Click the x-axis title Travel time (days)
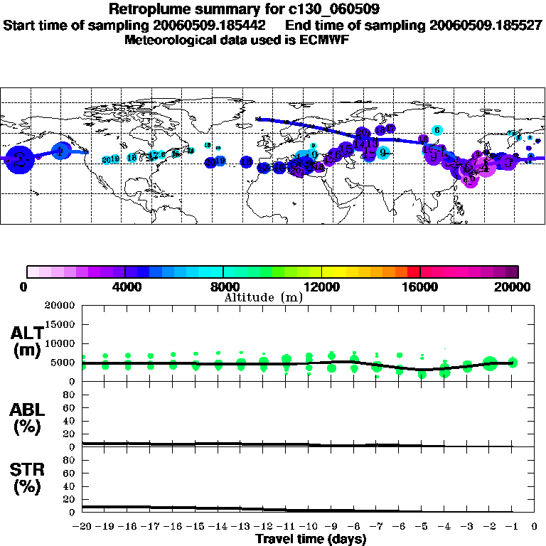(311, 540)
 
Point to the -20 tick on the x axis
(83, 527)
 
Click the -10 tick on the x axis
(309, 527)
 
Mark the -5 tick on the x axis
(422, 527)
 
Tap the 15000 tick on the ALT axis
(61, 324)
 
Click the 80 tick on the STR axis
(70, 460)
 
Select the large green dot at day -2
(490, 363)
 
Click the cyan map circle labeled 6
(438, 130)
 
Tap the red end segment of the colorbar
(413, 272)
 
